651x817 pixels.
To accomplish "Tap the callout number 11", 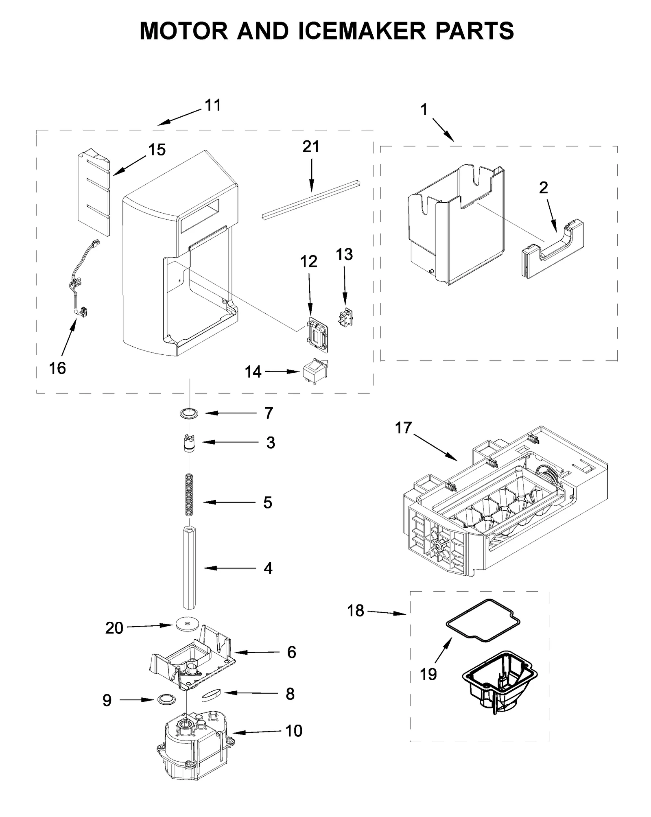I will coord(212,105).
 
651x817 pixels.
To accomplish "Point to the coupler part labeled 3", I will coord(189,443).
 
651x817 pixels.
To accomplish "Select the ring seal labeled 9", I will coord(165,699).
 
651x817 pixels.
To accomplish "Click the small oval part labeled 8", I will coord(211,693).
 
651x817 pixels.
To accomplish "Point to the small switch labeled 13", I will coord(346,317).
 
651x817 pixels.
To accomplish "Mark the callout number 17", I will coord(403,428).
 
